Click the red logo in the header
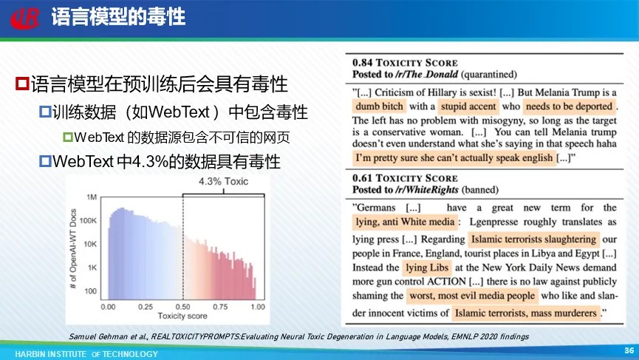[x=25, y=18]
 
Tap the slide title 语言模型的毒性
[x=118, y=18]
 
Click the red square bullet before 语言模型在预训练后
[x=22, y=84]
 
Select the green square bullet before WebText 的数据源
[x=68, y=137]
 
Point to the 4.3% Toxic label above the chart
[x=223, y=181]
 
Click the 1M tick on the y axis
[x=92, y=197]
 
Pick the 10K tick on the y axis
[x=90, y=244]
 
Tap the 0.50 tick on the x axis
[x=182, y=307]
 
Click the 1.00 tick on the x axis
[x=258, y=307]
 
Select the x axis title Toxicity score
[x=182, y=316]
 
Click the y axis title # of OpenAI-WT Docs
[x=73, y=249]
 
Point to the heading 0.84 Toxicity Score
[x=405, y=63]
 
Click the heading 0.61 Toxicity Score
[x=405, y=178]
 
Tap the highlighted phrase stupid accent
[x=468, y=106]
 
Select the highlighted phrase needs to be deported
[x=570, y=106]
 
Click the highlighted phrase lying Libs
[x=427, y=268]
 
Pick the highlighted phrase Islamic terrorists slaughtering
[x=533, y=240]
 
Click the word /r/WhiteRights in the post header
[x=427, y=190]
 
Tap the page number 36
[x=629, y=350]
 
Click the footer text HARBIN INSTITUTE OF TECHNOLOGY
[x=86, y=354]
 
